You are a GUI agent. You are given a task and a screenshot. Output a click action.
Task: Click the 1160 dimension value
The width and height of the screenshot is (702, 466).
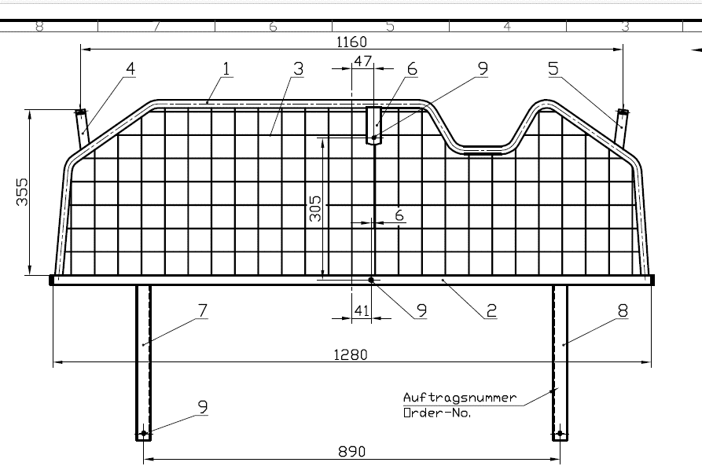click(x=351, y=42)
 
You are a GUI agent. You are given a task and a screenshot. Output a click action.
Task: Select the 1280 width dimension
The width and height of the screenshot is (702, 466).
click(x=351, y=355)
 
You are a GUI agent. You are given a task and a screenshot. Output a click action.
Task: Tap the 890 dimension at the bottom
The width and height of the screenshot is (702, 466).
click(x=352, y=452)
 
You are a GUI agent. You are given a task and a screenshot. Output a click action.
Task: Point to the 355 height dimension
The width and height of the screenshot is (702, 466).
click(x=22, y=192)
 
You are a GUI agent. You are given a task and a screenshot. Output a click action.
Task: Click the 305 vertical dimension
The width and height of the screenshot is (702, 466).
click(x=315, y=208)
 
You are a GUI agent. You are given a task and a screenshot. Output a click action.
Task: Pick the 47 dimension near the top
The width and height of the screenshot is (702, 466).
click(x=362, y=61)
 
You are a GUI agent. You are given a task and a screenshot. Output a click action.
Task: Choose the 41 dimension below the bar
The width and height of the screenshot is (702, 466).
click(x=362, y=310)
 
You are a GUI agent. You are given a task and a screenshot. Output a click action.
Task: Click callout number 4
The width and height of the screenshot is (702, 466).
click(x=130, y=69)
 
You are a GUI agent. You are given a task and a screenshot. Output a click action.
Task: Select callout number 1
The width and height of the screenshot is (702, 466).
click(x=226, y=69)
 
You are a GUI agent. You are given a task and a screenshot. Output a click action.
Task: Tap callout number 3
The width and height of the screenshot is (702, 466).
click(x=298, y=69)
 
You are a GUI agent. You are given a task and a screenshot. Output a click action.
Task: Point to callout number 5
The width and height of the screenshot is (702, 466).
click(x=553, y=69)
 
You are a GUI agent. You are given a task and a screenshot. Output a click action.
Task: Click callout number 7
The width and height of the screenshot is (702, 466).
click(x=203, y=310)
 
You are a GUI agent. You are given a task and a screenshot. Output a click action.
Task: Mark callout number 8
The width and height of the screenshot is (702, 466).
click(x=623, y=310)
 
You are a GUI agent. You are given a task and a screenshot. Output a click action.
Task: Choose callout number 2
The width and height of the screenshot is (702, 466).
click(x=491, y=310)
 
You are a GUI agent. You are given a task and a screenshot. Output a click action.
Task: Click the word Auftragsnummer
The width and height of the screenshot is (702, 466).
click(x=460, y=398)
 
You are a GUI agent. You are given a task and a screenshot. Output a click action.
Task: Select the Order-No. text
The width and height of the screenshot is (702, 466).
click(x=437, y=413)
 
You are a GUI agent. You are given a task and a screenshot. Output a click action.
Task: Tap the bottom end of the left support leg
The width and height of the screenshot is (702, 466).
click(x=144, y=441)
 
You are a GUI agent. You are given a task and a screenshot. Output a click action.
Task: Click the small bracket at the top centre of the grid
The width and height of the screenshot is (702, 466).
click(x=374, y=126)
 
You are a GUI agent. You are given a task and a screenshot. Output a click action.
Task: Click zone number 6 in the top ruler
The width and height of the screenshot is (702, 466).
click(x=273, y=27)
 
